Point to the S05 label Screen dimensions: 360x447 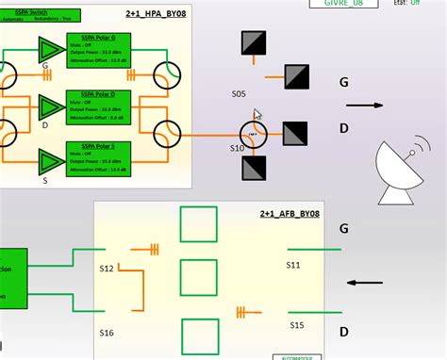click(239, 94)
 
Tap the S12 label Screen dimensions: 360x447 click(107, 270)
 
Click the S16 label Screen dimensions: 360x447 click(107, 333)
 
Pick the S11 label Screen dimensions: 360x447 click(294, 266)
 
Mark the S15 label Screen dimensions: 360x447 click(296, 325)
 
